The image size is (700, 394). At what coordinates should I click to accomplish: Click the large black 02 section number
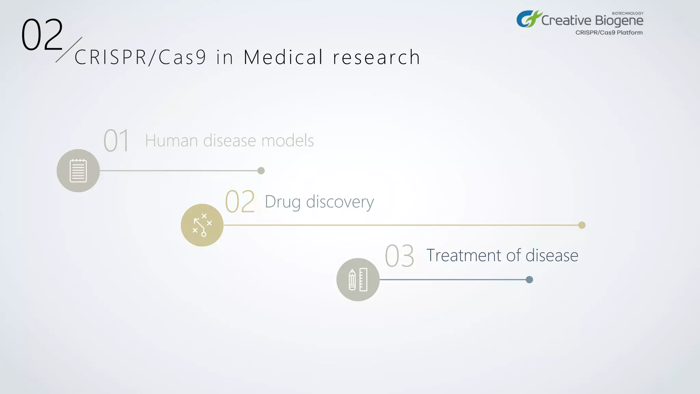[x=42, y=35]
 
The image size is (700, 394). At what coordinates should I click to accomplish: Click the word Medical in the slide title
[x=283, y=57]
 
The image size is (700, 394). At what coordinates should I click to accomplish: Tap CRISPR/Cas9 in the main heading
[x=140, y=57]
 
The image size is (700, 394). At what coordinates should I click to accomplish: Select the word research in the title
[x=376, y=57]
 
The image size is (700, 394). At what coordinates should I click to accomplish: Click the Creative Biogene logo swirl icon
[x=528, y=19]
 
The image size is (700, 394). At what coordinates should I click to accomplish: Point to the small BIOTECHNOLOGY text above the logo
[x=628, y=13]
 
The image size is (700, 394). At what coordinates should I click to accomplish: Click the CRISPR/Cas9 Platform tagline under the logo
[x=609, y=32]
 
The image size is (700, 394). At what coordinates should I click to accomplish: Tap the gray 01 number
[x=117, y=141]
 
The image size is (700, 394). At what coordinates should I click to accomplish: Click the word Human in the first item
[x=171, y=141]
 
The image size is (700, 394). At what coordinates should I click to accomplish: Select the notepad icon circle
[x=78, y=171]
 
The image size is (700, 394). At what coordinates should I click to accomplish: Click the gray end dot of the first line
[x=261, y=171]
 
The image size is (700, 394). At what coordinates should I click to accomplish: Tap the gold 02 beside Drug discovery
[x=240, y=202]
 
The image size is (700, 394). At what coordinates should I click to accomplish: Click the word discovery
[x=340, y=202]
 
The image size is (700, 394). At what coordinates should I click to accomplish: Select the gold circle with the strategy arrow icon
[x=202, y=225]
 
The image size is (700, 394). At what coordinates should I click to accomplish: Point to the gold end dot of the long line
[x=582, y=225]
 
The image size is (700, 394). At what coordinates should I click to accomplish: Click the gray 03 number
[x=399, y=256]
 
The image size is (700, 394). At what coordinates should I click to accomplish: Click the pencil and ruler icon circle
[x=358, y=279]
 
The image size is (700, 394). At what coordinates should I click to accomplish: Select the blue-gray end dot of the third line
[x=529, y=280]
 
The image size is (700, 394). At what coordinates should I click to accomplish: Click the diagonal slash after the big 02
[x=69, y=50]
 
